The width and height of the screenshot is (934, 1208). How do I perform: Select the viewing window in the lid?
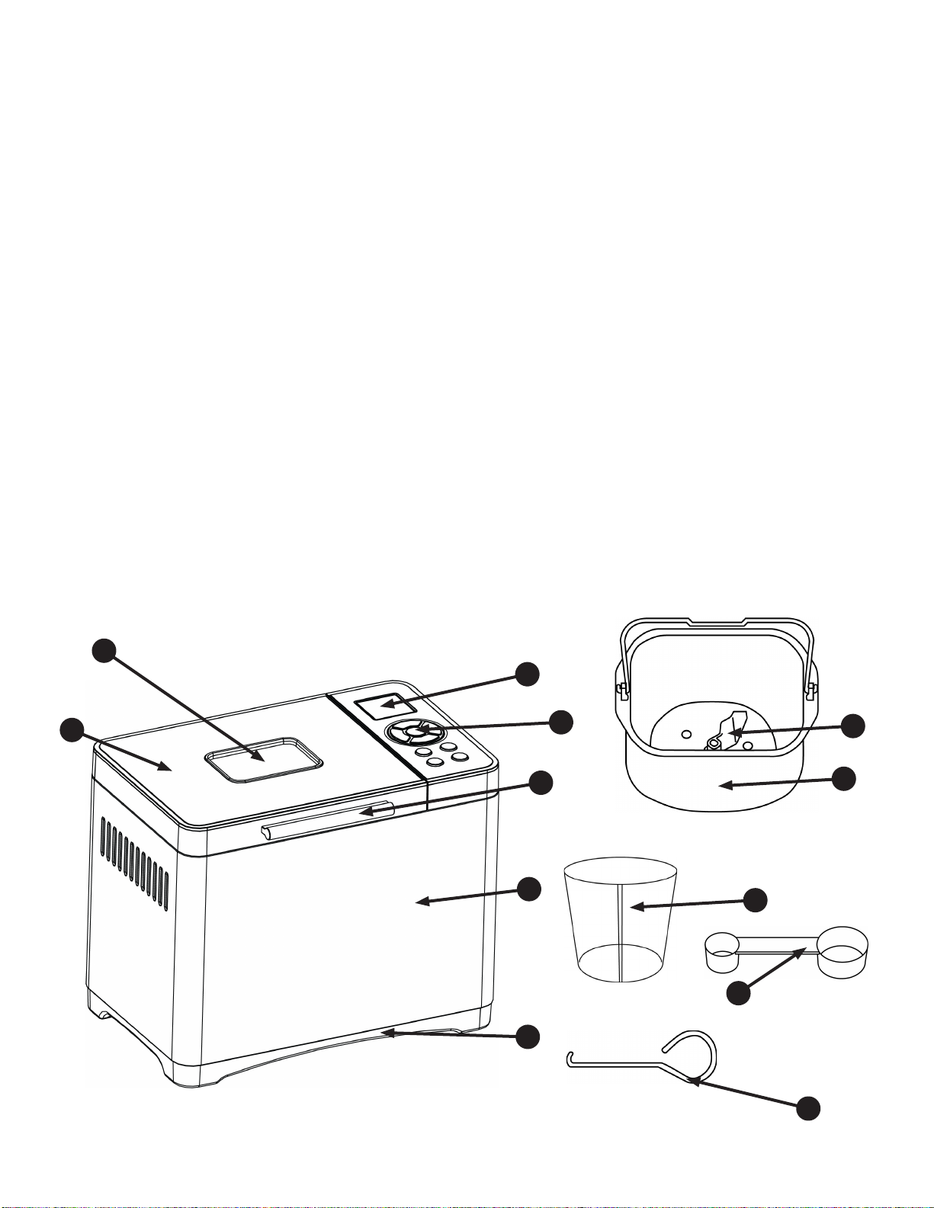click(x=263, y=758)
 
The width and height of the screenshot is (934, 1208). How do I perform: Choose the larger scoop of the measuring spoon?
click(x=843, y=951)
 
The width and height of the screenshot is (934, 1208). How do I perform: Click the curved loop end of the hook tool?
click(x=698, y=1052)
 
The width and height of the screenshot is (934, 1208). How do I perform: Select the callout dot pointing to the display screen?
click(x=527, y=674)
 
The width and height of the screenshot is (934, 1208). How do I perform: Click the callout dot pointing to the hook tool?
click(x=808, y=1107)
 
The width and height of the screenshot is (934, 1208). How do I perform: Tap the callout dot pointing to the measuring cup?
click(x=756, y=900)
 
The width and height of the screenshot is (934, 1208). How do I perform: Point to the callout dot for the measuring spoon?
click(x=736, y=993)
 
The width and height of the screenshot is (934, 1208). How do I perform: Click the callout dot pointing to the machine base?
click(x=528, y=1037)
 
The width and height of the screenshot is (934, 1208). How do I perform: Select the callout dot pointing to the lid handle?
click(x=541, y=783)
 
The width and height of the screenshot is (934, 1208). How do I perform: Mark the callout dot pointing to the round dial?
click(x=562, y=722)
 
